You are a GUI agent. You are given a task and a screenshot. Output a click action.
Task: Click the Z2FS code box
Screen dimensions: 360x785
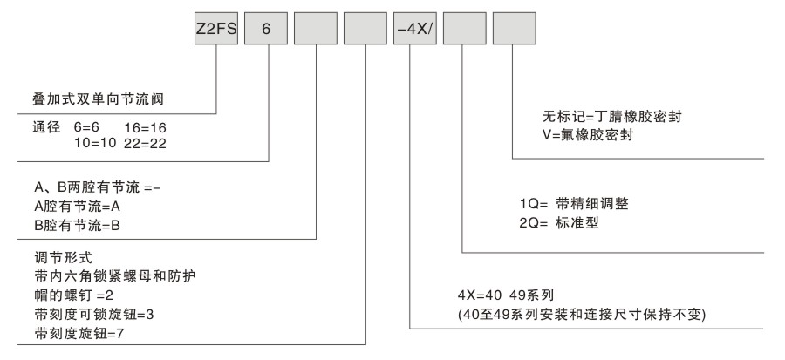215,29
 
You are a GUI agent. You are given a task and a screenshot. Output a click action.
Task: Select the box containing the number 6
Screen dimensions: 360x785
266,29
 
